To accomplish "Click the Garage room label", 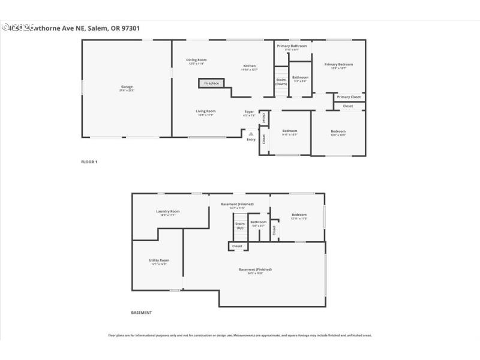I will pyautogui.click(x=127, y=87).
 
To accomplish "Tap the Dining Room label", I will pyautogui.click(x=196, y=60).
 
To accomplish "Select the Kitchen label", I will pyautogui.click(x=249, y=66).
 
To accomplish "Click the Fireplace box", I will pyautogui.click(x=211, y=83).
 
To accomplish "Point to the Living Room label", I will pyautogui.click(x=205, y=111).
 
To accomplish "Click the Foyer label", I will pyautogui.click(x=249, y=111).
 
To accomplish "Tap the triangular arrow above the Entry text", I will pyautogui.click(x=251, y=134).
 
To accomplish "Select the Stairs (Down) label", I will pyautogui.click(x=281, y=81).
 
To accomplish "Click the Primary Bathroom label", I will pyautogui.click(x=292, y=46).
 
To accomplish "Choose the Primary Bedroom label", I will pyautogui.click(x=338, y=64).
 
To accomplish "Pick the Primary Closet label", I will pyautogui.click(x=349, y=97).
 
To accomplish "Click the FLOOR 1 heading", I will pyautogui.click(x=89, y=162).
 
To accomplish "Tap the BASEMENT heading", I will pyautogui.click(x=141, y=313).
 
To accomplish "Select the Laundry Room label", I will pyautogui.click(x=167, y=211).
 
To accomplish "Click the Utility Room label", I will pyautogui.click(x=159, y=260).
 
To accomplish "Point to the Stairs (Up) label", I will pyautogui.click(x=239, y=226).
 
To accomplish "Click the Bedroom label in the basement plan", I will pyautogui.click(x=299, y=215).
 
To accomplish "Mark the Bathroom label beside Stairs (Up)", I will pyautogui.click(x=259, y=222).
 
